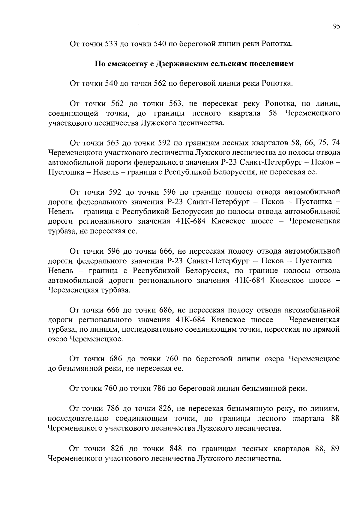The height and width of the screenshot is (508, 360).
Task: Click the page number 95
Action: pos(336,26)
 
